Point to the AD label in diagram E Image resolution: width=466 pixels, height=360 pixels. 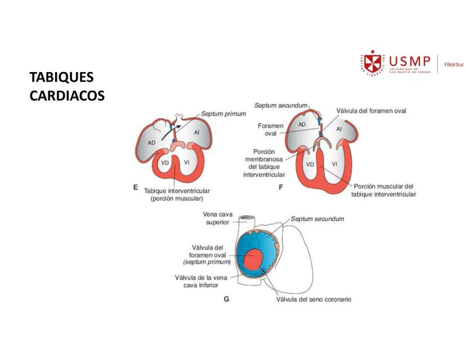tap(152, 142)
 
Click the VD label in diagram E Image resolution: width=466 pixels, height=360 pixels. tap(165, 163)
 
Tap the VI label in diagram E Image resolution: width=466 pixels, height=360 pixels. tap(186, 163)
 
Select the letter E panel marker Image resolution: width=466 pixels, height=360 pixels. tap(135, 188)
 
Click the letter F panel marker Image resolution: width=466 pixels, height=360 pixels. tap(280, 188)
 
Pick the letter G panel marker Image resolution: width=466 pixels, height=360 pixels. tap(226, 299)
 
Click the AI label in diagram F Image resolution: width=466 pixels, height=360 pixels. tap(339, 129)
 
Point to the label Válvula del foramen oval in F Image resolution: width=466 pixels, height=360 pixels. tap(371, 111)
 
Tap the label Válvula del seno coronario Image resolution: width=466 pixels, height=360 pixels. tap(313, 299)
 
